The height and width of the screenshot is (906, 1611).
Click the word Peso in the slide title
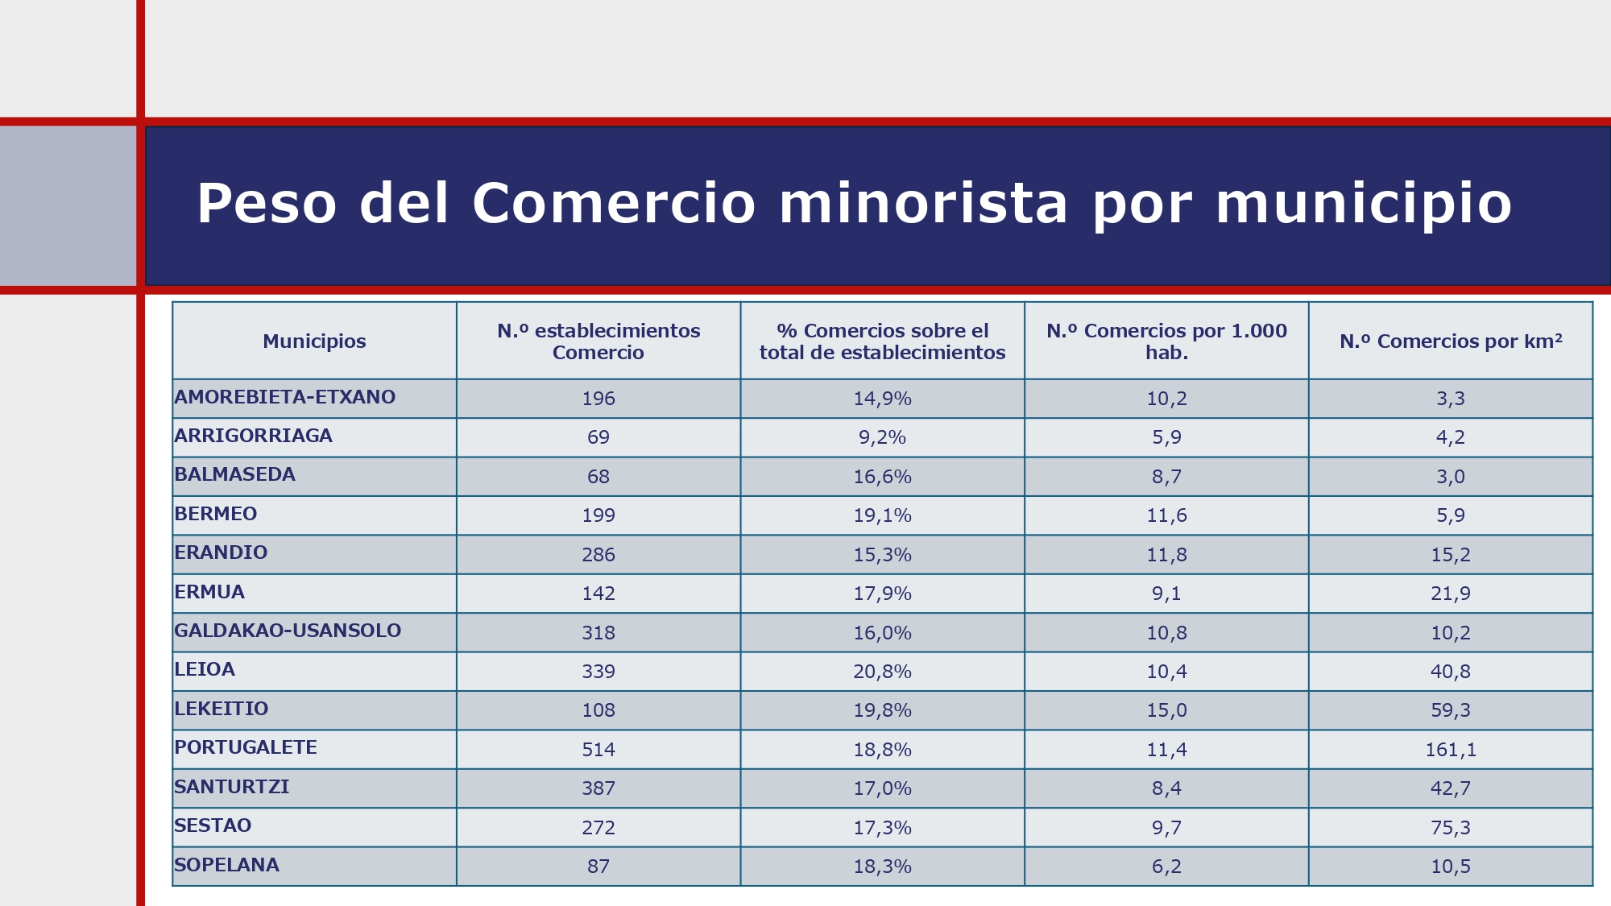coord(267,203)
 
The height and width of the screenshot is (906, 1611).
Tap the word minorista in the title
coord(923,203)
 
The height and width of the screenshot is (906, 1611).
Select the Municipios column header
coord(314,341)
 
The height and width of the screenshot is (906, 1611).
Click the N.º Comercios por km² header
coord(1451,341)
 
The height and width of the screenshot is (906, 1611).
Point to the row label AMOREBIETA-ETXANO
coord(285,397)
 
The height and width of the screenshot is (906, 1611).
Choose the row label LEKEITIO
coord(222,709)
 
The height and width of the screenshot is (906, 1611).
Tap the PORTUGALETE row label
coord(246,747)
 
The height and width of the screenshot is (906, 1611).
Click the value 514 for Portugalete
coord(598,750)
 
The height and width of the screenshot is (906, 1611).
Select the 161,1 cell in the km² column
coord(1451,750)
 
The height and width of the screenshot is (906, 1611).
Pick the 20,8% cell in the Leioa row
coord(882,672)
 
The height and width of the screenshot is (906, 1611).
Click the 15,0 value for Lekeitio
coord(1166,710)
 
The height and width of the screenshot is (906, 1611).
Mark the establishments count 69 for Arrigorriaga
coord(598,437)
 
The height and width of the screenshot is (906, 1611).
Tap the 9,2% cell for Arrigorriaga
coord(882,437)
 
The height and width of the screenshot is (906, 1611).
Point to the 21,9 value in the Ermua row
coord(1451,594)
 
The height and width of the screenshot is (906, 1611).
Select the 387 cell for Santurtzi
coord(598,788)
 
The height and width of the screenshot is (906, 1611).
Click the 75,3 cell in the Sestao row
coord(1451,828)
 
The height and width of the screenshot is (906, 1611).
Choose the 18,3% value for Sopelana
coord(882,867)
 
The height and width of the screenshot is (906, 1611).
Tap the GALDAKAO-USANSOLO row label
coord(288,631)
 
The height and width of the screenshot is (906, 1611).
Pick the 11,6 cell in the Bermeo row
coord(1166,515)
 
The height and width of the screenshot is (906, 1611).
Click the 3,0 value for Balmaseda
coord(1451,477)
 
